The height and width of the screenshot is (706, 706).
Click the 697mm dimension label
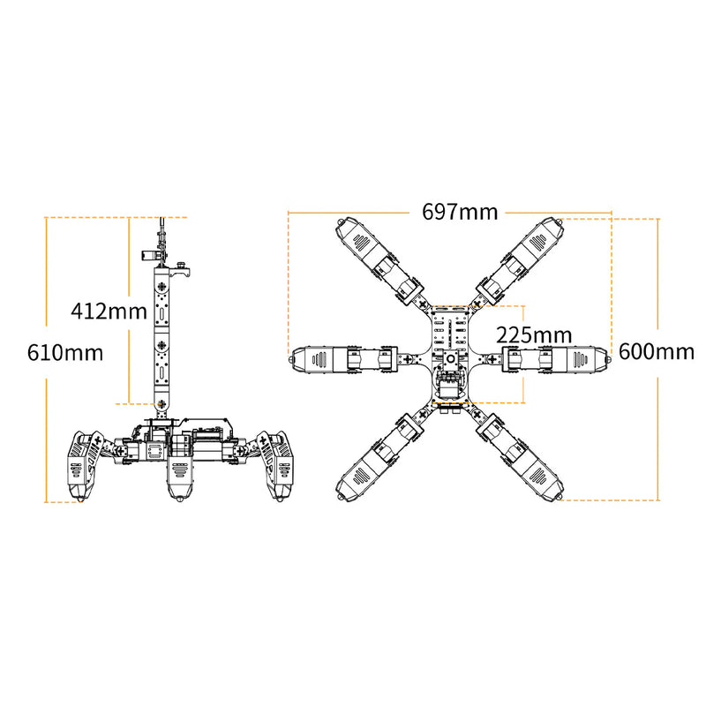460,212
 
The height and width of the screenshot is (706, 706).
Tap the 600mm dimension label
657,351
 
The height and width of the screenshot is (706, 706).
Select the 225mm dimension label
534,335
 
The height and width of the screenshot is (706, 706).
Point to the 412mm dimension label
109,311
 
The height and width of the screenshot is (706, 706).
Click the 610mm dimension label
65,352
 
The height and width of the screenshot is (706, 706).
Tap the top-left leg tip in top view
341,222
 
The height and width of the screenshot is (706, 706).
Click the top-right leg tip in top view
560,222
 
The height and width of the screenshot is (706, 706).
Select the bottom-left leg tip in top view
341,497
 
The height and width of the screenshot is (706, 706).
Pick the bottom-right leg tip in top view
560,497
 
